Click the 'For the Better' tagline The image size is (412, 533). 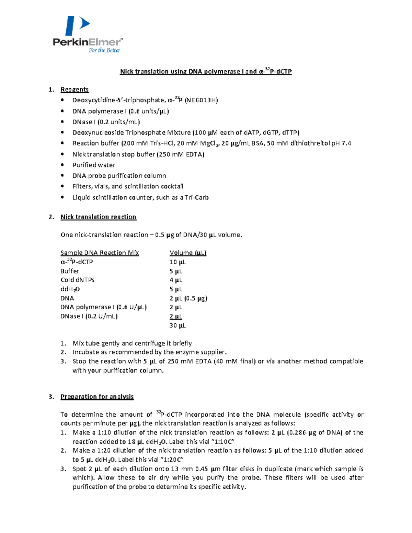pos(104,50)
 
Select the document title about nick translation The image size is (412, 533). pos(206,71)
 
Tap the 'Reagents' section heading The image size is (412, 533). pos(75,90)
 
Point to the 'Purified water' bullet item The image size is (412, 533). pos(94,165)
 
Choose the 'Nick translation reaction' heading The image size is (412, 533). pos(98,217)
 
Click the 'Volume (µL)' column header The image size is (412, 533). pos(188,253)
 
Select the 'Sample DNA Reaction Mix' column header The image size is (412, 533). pos(100,253)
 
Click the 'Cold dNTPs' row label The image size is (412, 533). pos(77,280)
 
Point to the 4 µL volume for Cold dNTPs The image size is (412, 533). pos(176,280)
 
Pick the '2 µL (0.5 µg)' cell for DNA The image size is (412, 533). pos(188,298)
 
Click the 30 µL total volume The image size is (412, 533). pos(177,325)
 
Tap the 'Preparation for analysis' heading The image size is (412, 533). pos(97,397)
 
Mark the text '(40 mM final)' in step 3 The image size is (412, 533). pos(235,361)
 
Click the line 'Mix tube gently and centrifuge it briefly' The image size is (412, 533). pos(132,343)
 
